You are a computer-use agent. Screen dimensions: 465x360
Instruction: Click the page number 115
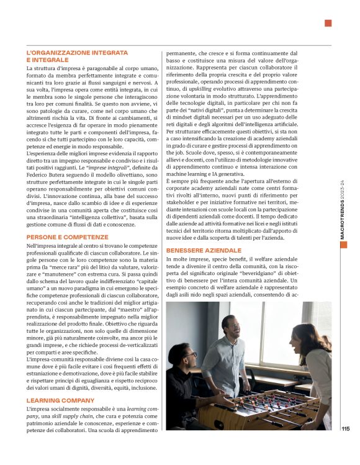(x=345, y=428)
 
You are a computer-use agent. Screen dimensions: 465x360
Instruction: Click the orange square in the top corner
(x=328, y=24)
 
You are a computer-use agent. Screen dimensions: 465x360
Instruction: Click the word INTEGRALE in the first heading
(x=48, y=60)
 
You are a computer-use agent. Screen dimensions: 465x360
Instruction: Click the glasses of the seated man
(x=190, y=354)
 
